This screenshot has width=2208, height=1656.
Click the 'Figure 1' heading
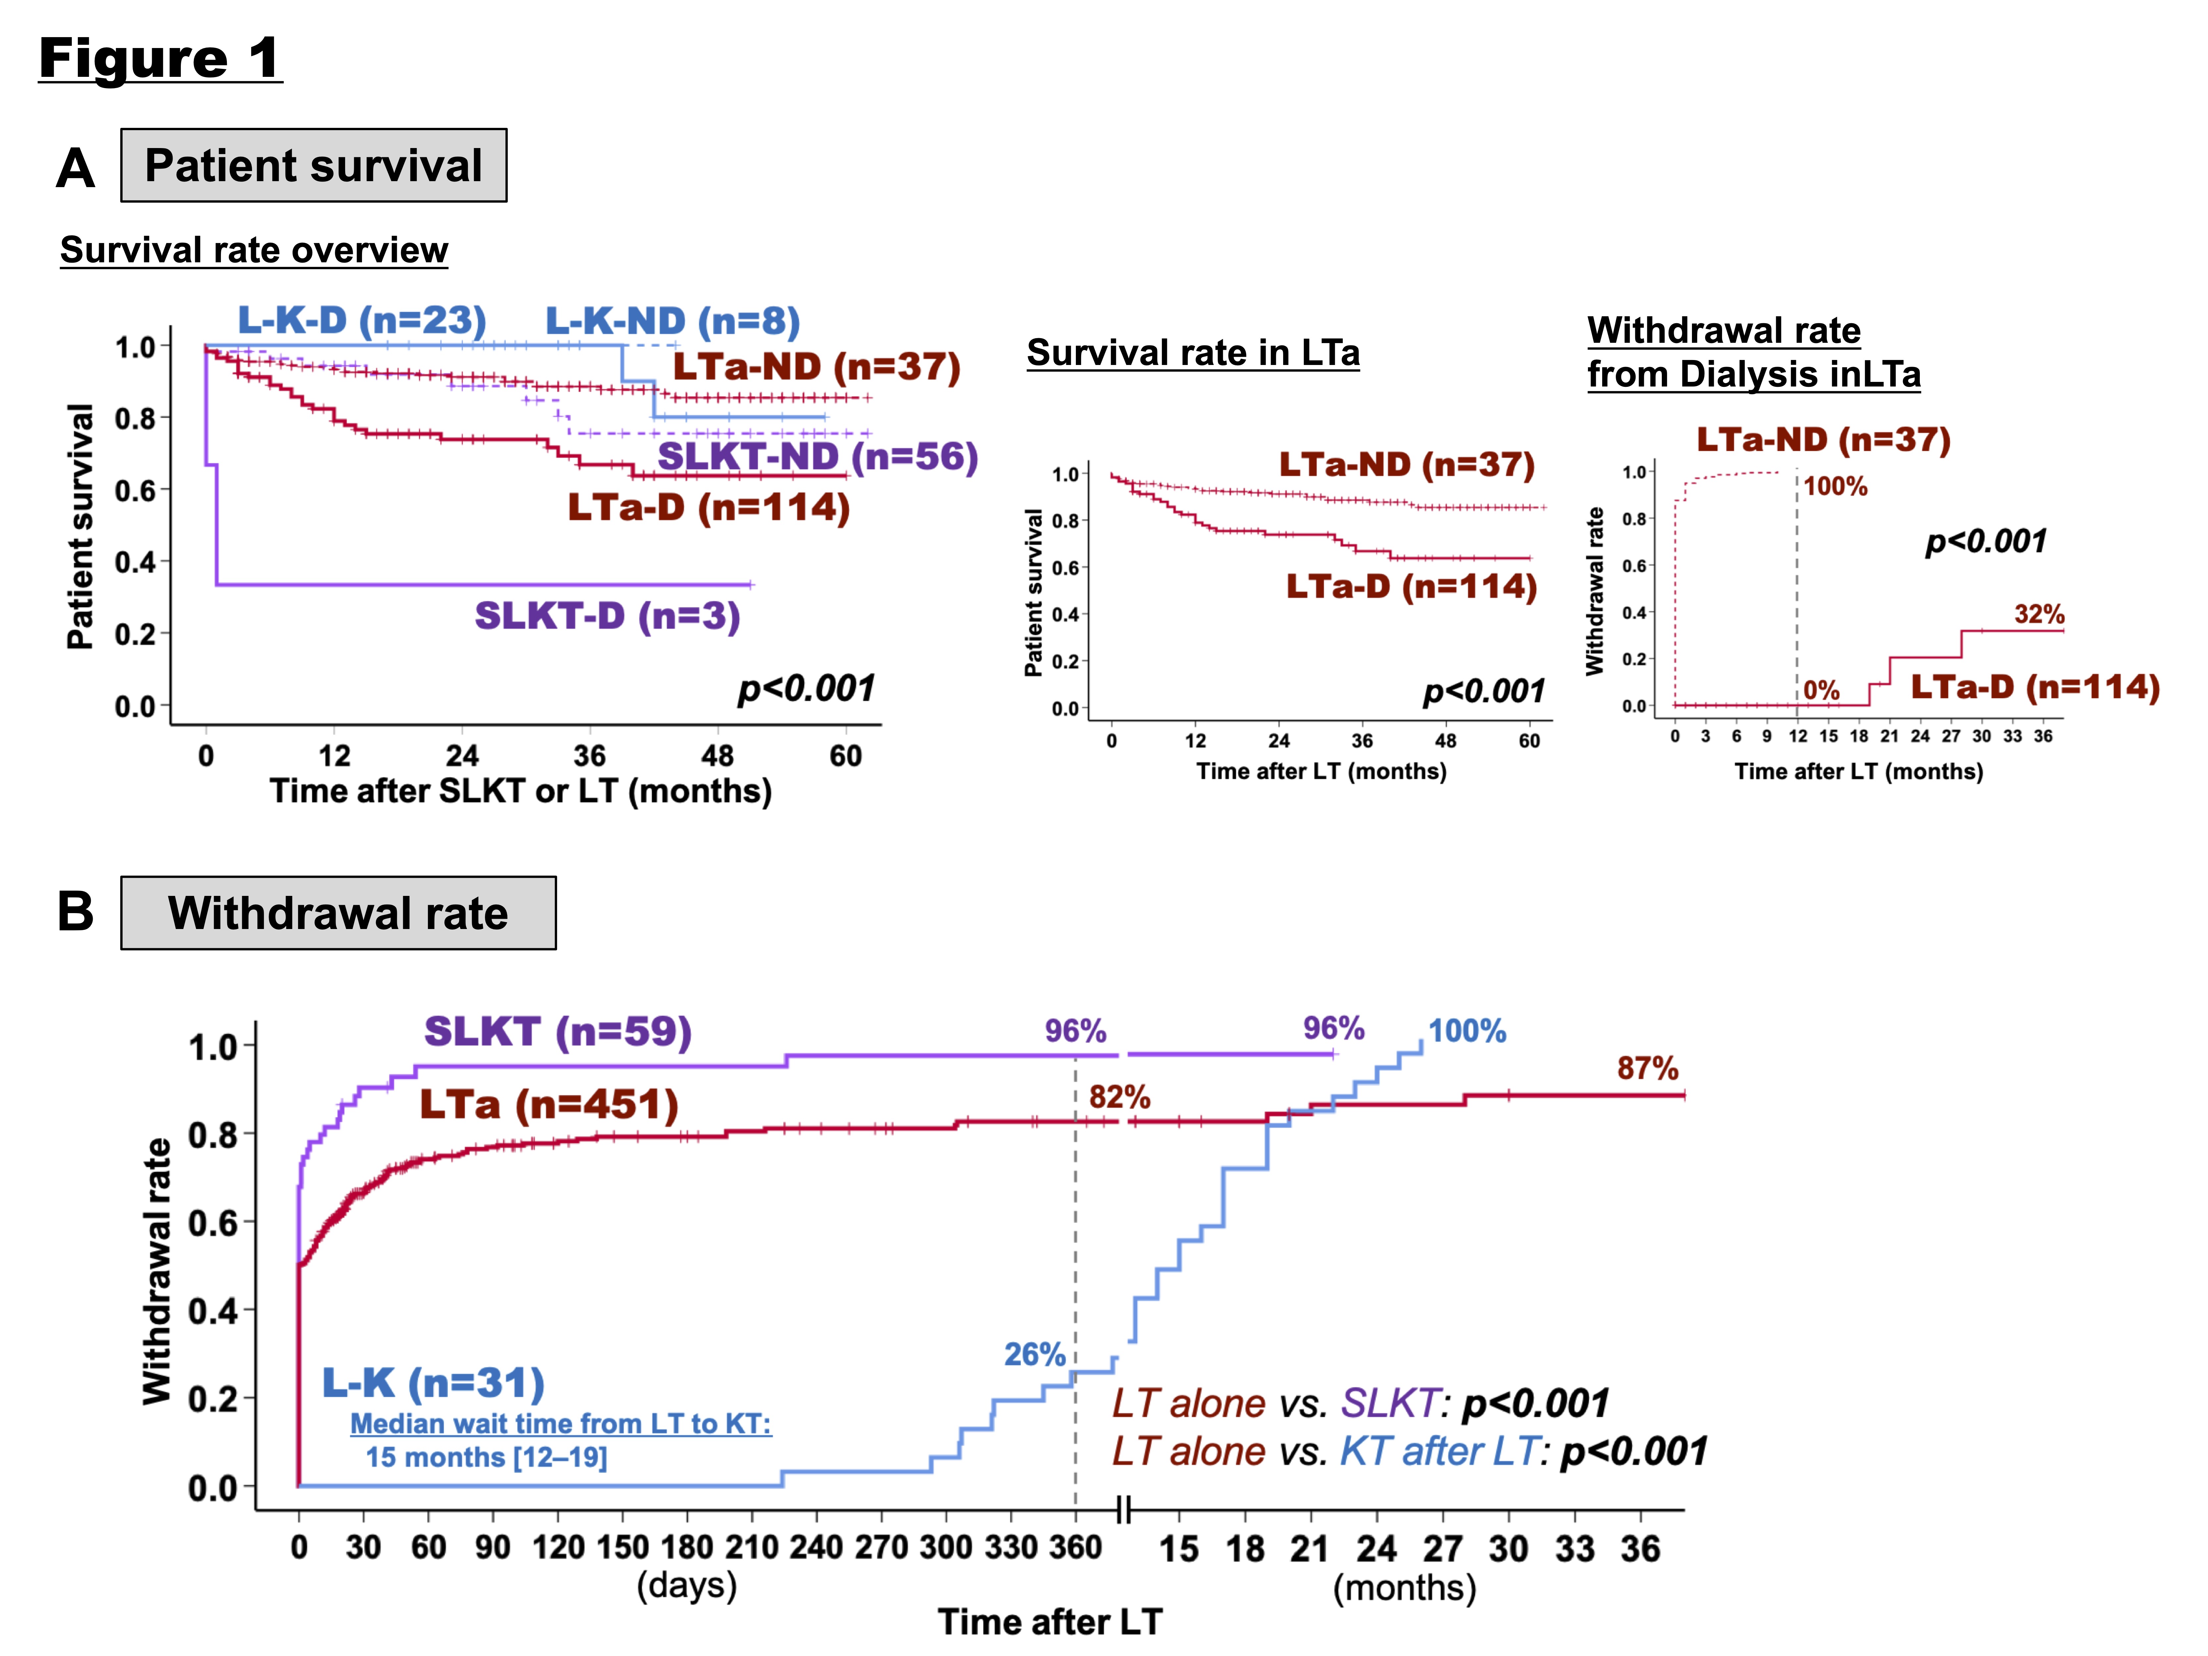pyautogui.click(x=160, y=58)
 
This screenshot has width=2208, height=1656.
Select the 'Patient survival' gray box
pyautogui.click(x=313, y=166)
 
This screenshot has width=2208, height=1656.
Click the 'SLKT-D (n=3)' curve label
pyautogui.click(x=607, y=616)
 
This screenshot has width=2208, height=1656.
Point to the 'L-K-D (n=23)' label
pyautogui.click(x=361, y=320)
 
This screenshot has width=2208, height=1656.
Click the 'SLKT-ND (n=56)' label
pyautogui.click(x=816, y=456)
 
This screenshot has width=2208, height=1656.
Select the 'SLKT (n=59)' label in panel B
pyautogui.click(x=557, y=1031)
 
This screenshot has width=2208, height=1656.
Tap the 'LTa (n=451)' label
pyautogui.click(x=548, y=1104)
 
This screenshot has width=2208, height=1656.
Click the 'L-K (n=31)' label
pyautogui.click(x=433, y=1382)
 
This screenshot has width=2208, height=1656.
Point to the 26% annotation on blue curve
pyautogui.click(x=1034, y=1355)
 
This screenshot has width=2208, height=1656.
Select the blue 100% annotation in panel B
pyautogui.click(x=1466, y=1031)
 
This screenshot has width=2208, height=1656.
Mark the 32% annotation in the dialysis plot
pyautogui.click(x=2038, y=614)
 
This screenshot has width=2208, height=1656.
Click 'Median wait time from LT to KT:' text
pyautogui.click(x=560, y=1423)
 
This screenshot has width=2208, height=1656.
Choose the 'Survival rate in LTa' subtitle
pyautogui.click(x=1193, y=352)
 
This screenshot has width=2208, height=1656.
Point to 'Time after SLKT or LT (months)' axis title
pyautogui.click(x=520, y=791)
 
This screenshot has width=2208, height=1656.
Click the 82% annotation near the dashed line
pyautogui.click(x=1119, y=1097)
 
